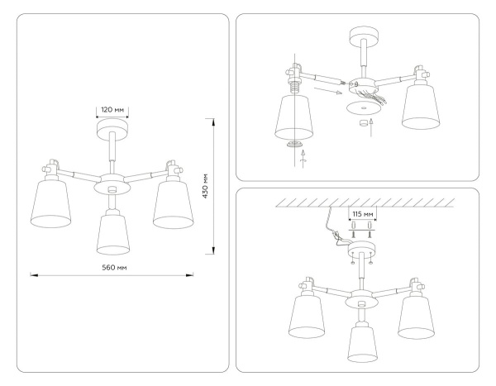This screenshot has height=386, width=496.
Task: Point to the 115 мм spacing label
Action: [x=361, y=213]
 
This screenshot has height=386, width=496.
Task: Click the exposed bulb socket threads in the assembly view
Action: [x=293, y=83]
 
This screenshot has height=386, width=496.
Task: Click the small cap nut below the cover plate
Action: [x=360, y=124]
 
